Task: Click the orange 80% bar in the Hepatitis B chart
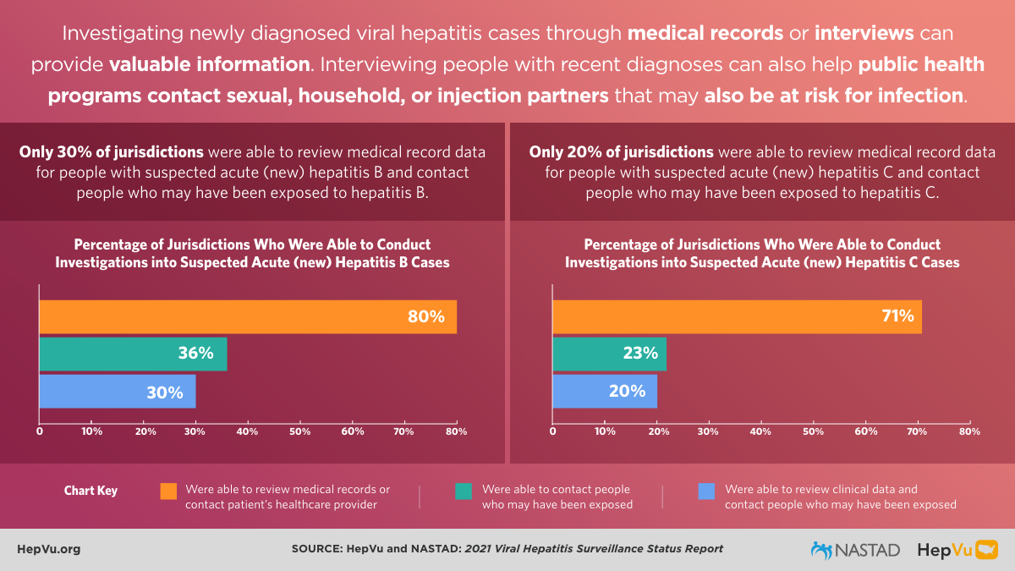click(248, 316)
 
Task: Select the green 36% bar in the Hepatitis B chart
click(133, 354)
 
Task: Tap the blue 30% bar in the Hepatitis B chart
click(118, 392)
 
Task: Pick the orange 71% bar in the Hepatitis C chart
click(737, 316)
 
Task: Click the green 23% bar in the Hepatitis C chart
click(609, 354)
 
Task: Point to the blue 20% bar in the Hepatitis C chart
click(604, 391)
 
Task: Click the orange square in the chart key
click(168, 491)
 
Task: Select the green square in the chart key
click(463, 491)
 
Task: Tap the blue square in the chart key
click(706, 491)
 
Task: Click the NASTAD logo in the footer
click(855, 550)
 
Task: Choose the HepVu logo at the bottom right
click(957, 550)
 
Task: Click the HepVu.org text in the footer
click(48, 549)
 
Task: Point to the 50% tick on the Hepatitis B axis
click(300, 431)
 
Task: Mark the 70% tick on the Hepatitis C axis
click(918, 431)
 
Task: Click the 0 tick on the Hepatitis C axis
click(553, 431)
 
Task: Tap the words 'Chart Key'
click(91, 491)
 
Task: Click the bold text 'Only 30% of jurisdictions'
click(111, 152)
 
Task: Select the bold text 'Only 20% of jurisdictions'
click(621, 152)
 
